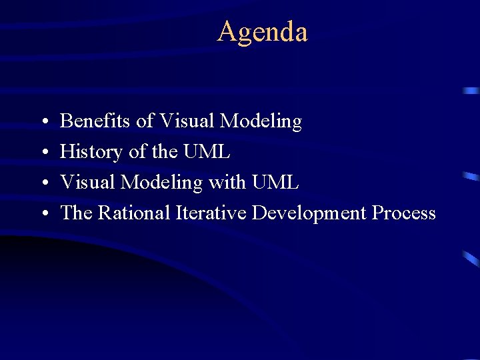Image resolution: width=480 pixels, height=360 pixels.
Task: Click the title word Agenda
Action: [262, 32]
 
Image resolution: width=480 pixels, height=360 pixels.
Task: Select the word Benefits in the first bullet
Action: [95, 121]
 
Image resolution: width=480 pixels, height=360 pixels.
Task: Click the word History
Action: [91, 153]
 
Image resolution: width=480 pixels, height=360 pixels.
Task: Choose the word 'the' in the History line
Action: [165, 152]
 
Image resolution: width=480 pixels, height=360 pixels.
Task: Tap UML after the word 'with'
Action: [275, 183]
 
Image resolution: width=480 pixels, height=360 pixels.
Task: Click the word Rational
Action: [135, 213]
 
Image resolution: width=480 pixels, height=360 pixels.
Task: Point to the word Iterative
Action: [211, 213]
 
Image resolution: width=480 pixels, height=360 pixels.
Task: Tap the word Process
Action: [404, 213]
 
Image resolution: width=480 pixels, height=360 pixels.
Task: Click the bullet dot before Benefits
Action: [43, 123]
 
